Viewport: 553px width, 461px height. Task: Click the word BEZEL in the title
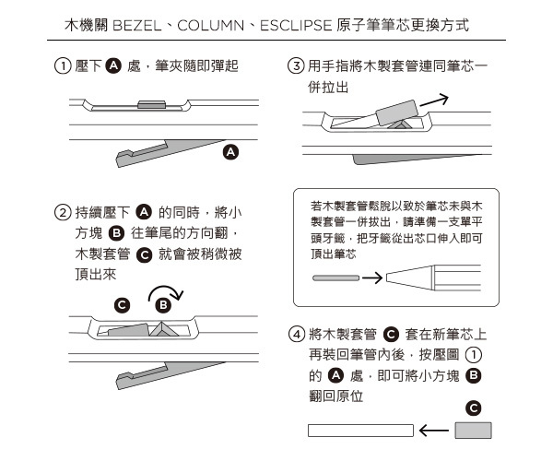pos(136,26)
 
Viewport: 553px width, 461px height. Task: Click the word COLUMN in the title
pos(210,26)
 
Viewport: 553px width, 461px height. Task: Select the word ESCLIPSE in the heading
pos(296,26)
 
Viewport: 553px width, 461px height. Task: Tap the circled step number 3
pos(296,66)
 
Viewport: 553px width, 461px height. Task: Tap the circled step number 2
pos(63,213)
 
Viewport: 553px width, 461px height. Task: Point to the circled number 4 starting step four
pos(297,334)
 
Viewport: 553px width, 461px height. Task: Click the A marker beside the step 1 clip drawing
pos(230,152)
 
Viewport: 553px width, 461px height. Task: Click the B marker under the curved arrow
pos(163,305)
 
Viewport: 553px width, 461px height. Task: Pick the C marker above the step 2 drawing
pos(122,305)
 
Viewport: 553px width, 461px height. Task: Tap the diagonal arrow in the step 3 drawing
pos(434,100)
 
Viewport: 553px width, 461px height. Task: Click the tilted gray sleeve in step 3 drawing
pos(397,112)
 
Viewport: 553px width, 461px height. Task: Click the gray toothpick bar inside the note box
pos(336,278)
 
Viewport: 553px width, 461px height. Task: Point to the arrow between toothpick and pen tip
pos(372,278)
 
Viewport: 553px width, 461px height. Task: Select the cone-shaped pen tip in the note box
pos(410,278)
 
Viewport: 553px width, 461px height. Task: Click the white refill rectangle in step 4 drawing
pos(360,431)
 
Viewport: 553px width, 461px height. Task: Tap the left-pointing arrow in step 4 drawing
pos(434,431)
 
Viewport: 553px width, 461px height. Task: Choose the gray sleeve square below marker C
pos(473,431)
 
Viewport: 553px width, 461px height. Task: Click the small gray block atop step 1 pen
pos(152,104)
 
